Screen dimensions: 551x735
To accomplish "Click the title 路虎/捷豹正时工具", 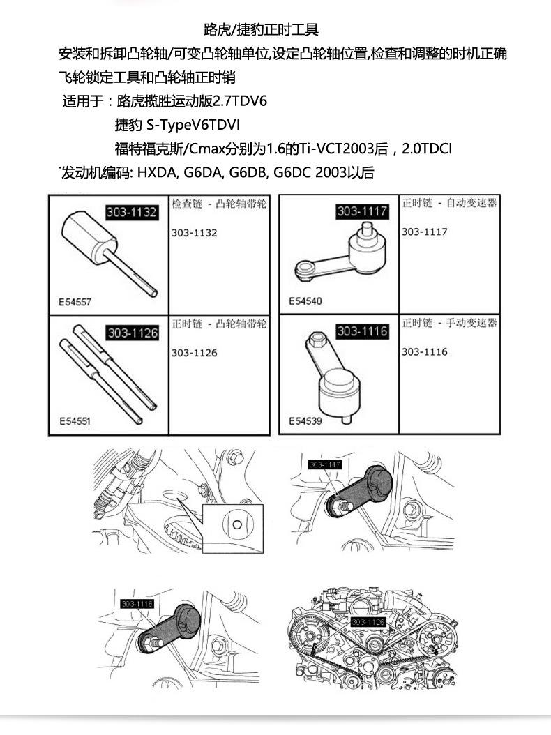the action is click(x=261, y=30).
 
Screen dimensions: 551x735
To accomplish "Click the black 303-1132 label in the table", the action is click(x=131, y=213).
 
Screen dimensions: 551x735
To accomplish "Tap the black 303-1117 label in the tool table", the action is click(x=362, y=211).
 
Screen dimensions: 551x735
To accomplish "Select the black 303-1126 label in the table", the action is click(x=132, y=333).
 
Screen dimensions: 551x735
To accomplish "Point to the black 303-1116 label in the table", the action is click(x=362, y=332).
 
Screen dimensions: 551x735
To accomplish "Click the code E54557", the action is click(x=75, y=303).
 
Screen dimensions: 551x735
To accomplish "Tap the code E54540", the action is click(x=305, y=303).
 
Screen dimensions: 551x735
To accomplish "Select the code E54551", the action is click(x=75, y=422).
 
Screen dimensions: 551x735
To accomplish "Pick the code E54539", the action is click(x=305, y=421).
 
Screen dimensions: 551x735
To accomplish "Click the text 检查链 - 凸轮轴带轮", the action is click(x=219, y=204).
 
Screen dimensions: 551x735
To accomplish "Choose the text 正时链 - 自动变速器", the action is click(x=449, y=203).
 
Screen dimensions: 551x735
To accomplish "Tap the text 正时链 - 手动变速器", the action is click(x=449, y=323).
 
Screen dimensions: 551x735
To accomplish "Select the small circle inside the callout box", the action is click(x=238, y=524).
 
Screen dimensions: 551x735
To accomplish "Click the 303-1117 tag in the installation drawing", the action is click(x=325, y=465).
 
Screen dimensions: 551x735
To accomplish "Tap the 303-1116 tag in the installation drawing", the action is click(x=137, y=603).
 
